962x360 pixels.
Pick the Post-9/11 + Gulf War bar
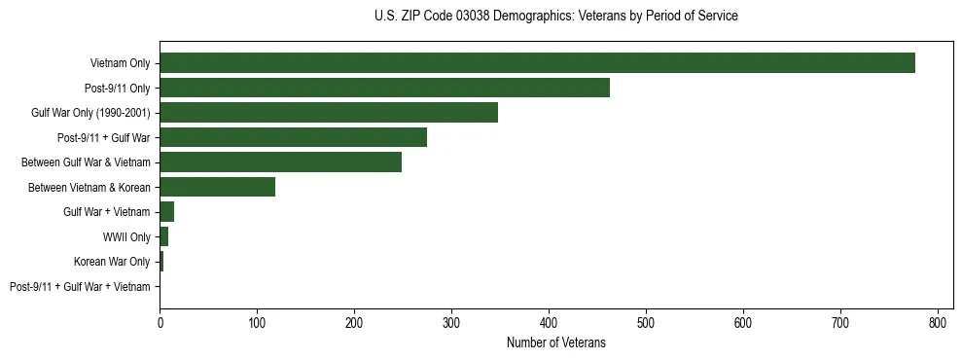tap(293, 138)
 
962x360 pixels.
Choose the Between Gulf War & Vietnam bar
tap(280, 162)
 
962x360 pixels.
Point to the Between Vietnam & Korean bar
tap(217, 187)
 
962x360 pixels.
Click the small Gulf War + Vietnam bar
tap(166, 212)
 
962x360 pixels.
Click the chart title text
tap(555, 17)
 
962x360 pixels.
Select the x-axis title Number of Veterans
tap(555, 342)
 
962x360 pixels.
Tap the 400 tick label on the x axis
tap(549, 321)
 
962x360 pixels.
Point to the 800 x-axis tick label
tap(938, 321)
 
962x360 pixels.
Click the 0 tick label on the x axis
tap(160, 321)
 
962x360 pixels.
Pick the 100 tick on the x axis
tap(257, 321)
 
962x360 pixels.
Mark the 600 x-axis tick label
tap(743, 321)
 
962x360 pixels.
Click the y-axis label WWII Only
tap(126, 236)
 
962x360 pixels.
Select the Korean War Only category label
tap(112, 262)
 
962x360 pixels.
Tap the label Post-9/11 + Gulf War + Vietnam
tap(80, 286)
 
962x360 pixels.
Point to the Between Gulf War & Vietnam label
tap(86, 162)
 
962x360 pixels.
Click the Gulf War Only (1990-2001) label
tap(90, 113)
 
